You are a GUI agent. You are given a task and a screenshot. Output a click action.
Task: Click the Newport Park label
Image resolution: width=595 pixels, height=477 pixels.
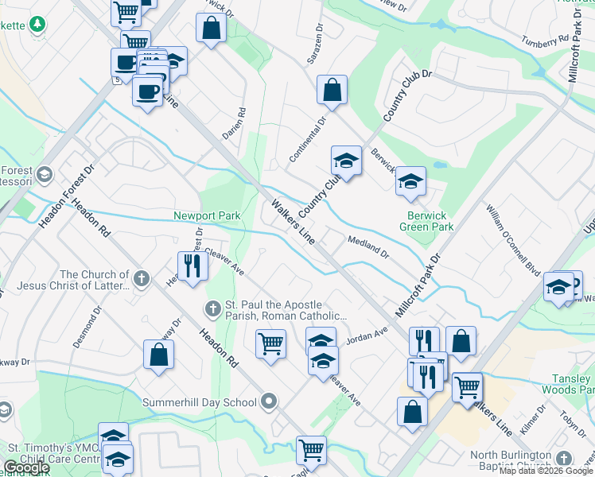point(207,216)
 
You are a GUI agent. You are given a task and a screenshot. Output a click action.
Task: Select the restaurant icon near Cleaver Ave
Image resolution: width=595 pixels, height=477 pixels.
point(192,266)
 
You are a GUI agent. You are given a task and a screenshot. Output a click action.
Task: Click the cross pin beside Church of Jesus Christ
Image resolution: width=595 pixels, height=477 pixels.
point(142,279)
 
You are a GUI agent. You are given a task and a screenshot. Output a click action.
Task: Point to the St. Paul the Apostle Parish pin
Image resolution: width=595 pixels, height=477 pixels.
point(212,308)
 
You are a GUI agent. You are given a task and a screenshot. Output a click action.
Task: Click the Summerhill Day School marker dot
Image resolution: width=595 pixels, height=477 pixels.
point(270,401)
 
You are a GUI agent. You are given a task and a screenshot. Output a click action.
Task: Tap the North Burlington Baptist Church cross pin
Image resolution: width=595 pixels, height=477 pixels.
point(564,459)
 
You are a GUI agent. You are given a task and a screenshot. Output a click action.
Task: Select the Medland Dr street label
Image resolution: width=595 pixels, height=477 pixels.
point(367,246)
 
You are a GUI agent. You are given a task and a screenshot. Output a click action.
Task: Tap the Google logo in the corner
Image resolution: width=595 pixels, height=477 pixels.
point(26,467)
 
